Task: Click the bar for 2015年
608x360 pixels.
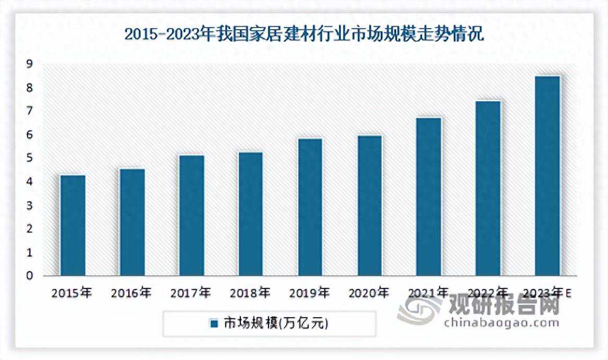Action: (72, 225)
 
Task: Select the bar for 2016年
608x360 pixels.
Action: (132, 222)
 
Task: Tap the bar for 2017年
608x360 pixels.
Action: (191, 215)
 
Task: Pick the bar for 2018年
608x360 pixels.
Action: (250, 214)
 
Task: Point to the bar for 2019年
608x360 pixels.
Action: (310, 207)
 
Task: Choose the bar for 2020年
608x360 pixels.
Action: (369, 206)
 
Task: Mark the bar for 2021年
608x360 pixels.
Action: (429, 197)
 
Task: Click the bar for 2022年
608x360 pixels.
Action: (488, 188)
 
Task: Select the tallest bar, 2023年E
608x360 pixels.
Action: (548, 176)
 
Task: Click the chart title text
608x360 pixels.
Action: (304, 35)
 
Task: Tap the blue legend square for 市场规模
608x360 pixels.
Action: (214, 324)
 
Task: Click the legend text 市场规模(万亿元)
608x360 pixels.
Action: (276, 324)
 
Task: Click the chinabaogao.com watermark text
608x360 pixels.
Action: (501, 323)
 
